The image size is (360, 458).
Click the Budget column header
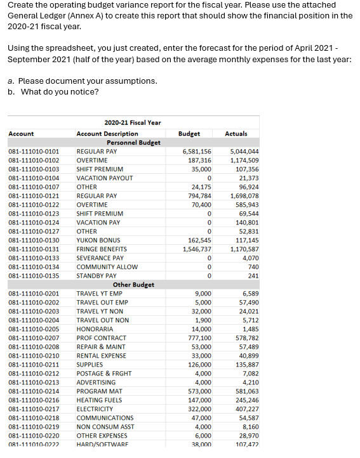pos(189,134)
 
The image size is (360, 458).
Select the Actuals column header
pos(236,134)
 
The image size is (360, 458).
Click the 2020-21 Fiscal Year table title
pos(132,123)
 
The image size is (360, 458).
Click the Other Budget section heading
pos(133,285)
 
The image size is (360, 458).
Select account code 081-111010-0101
pos(34,152)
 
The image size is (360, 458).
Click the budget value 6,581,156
pos(197,152)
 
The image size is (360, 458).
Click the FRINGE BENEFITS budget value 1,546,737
pos(197,249)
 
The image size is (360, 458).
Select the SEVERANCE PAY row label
pos(100,258)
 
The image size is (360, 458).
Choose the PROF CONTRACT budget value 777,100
pos(200,338)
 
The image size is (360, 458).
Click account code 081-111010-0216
pos(34,400)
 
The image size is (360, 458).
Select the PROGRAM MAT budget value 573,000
pos(200,391)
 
